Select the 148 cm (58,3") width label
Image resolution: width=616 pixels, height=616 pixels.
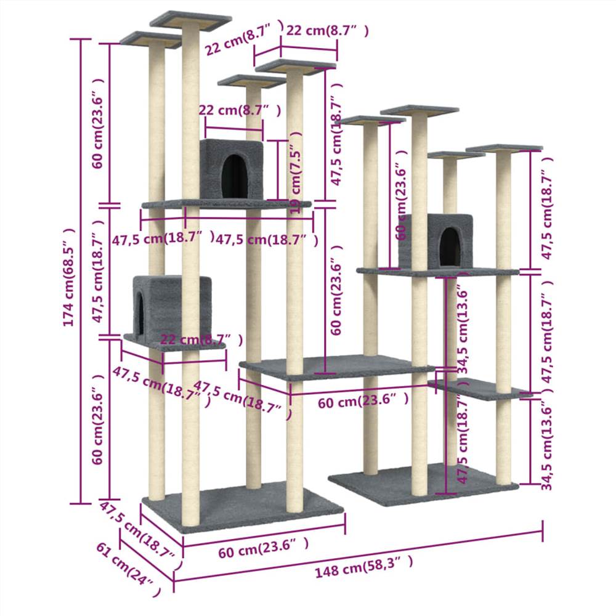click(x=363, y=567)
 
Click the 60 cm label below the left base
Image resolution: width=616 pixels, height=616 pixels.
click(x=263, y=548)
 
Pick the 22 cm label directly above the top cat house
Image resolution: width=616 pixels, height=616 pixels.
click(x=240, y=111)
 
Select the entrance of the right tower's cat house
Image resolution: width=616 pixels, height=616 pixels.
click(x=449, y=245)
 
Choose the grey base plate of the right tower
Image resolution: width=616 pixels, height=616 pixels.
click(x=425, y=484)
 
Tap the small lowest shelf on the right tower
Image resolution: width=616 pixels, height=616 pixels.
click(x=480, y=389)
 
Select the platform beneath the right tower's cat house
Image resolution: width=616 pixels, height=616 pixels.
click(x=437, y=271)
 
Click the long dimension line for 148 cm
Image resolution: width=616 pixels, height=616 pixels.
click(x=357, y=552)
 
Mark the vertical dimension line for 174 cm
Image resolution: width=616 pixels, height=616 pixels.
click(x=81, y=271)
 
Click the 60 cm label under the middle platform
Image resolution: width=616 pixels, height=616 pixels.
click(x=363, y=402)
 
